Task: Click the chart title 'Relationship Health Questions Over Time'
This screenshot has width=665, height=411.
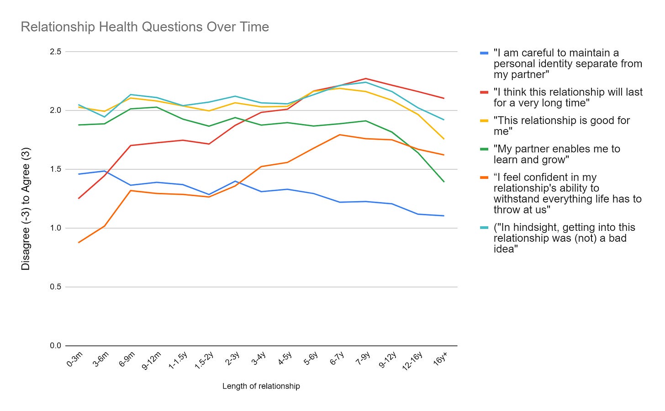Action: point(145,27)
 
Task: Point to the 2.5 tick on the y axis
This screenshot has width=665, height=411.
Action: point(55,52)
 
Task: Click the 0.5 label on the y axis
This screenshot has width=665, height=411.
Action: point(55,287)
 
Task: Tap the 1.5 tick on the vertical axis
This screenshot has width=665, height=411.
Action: point(55,169)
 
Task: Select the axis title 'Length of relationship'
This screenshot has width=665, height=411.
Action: point(261,386)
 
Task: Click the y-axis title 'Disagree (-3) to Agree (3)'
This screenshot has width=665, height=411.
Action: point(26,208)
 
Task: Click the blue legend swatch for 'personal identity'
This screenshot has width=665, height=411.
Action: point(484,53)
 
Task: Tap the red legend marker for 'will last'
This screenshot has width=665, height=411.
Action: point(484,93)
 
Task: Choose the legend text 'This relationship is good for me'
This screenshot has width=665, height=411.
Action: point(561,126)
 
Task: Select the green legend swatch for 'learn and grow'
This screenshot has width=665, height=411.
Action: point(484,149)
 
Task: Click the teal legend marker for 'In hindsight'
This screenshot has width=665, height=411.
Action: point(484,228)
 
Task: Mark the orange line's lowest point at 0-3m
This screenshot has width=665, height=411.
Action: point(79,242)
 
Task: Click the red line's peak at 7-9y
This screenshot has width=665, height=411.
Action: point(365,78)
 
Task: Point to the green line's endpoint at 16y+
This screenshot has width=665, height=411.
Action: point(444,182)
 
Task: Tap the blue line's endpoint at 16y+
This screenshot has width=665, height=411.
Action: point(444,216)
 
